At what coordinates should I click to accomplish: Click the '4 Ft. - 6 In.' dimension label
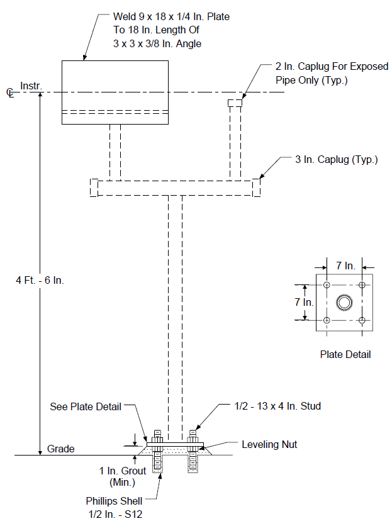pos(40,280)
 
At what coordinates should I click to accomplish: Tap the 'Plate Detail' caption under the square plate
pos(345,355)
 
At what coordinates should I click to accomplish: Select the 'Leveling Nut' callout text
pos(269,444)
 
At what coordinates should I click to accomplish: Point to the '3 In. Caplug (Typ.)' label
pos(336,159)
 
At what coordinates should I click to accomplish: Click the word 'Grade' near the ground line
pos(61,449)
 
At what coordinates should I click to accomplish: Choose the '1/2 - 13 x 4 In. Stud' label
pos(277,406)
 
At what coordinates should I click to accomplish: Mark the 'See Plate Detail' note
pos(86,406)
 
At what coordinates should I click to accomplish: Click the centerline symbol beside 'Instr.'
pos(10,92)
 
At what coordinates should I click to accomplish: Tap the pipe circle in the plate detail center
pos(344,303)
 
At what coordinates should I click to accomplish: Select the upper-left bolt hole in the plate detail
pos(327,285)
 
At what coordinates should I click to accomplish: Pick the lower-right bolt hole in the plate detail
pos(362,320)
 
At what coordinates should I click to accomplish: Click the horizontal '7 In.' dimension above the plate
pos(345,266)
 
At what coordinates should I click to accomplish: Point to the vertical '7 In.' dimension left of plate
pos(304,302)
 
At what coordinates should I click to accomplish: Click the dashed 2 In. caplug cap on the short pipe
pos(235,103)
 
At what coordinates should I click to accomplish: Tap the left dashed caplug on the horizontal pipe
pos(94,188)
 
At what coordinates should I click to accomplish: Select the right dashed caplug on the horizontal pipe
pos(256,188)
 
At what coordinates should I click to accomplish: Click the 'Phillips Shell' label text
pos(114,501)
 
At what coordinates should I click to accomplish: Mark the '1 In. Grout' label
pos(123,471)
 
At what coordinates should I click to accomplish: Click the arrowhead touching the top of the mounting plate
pos(135,443)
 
